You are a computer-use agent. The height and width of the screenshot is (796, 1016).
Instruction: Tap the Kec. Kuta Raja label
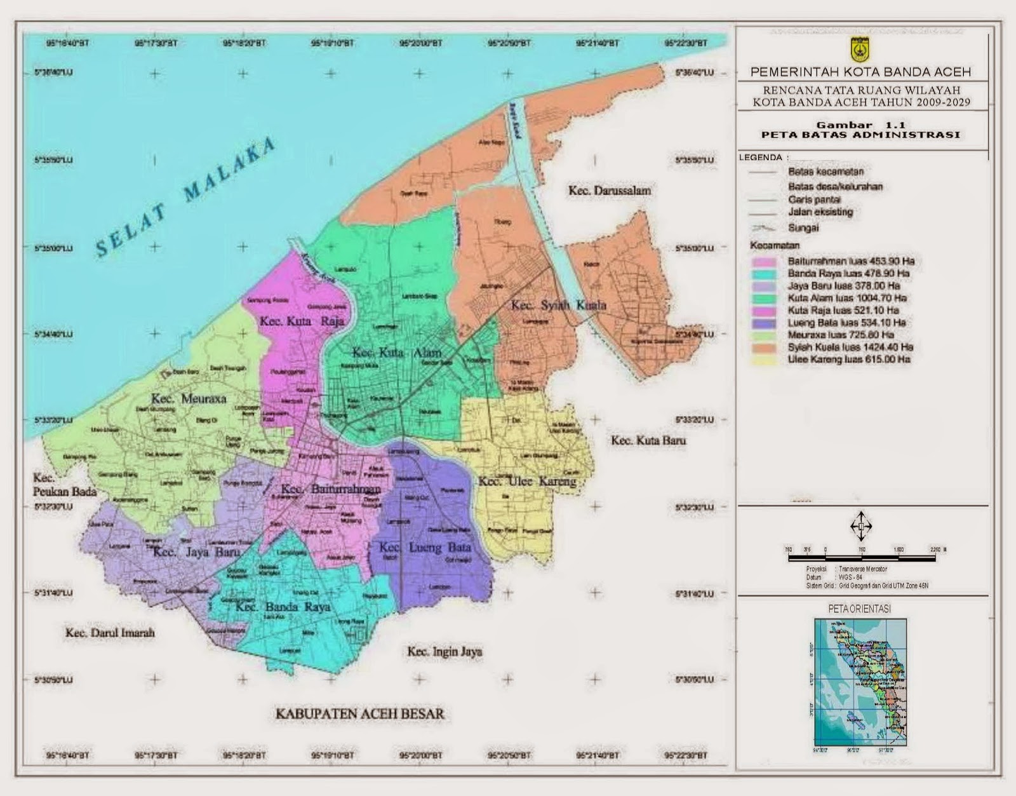coord(302,321)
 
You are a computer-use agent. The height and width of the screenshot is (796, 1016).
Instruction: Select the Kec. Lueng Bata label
coord(425,547)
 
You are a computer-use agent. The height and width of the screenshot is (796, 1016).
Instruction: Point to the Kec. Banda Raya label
coord(283,607)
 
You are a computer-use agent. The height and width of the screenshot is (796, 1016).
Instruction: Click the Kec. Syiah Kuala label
coord(559,306)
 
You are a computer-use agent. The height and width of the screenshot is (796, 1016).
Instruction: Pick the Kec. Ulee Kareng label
coord(527,482)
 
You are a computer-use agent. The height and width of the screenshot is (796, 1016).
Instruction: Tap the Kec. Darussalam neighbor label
coord(609,190)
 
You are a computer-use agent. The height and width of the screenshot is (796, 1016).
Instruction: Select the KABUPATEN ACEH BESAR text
coord(359,713)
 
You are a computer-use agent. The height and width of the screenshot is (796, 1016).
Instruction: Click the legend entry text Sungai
coord(803,227)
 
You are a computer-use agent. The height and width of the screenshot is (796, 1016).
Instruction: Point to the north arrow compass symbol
coord(861,526)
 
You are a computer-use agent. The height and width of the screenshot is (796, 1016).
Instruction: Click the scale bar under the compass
coord(862,557)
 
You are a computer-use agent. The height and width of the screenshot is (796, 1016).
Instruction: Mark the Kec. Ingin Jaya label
coord(444,652)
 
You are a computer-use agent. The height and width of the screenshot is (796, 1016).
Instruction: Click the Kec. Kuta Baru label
coord(648,440)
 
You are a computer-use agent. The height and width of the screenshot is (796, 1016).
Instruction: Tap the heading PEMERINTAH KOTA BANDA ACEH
coord(860,72)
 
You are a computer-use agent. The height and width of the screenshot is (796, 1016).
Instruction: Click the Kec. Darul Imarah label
coord(110,633)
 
